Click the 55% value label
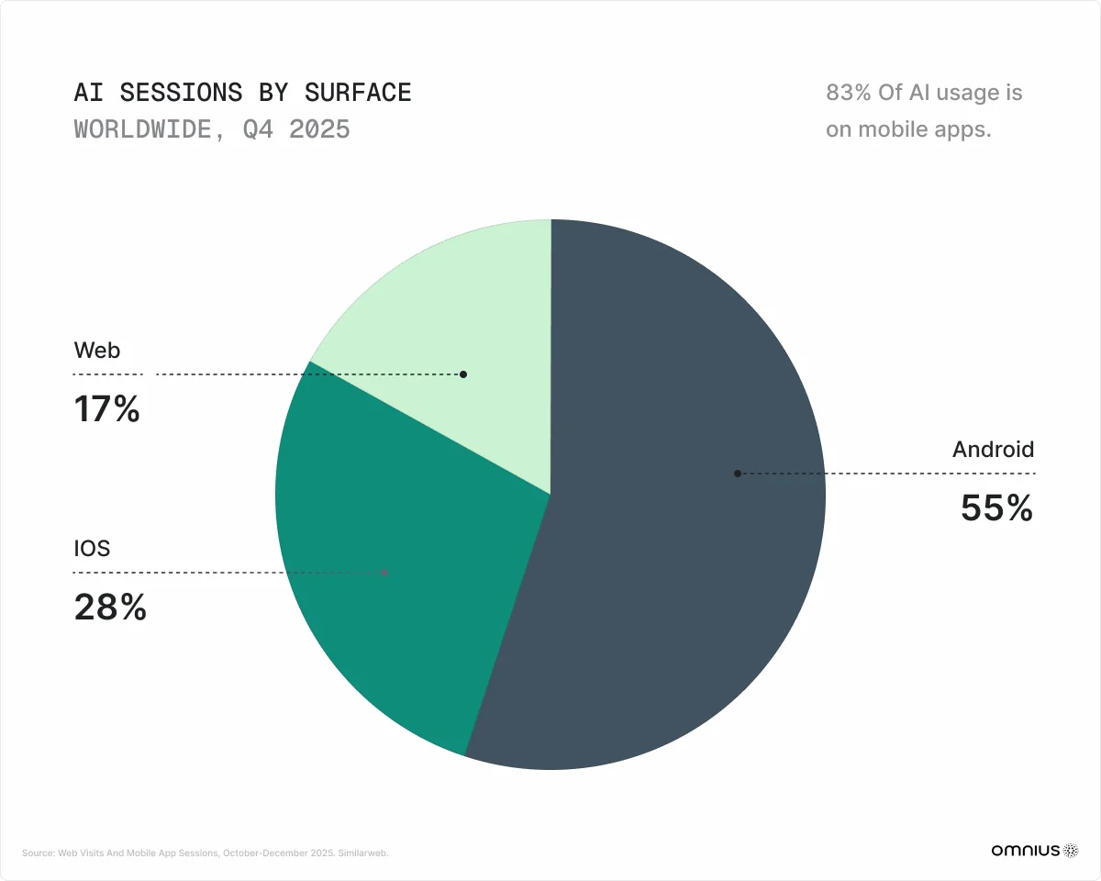click(x=996, y=508)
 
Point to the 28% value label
click(x=110, y=608)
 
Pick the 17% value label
click(x=106, y=409)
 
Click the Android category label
click(x=993, y=450)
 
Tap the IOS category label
click(x=92, y=549)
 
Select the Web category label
click(x=97, y=350)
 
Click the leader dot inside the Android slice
click(x=737, y=474)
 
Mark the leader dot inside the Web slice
click(x=463, y=374)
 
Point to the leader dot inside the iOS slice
click(x=385, y=573)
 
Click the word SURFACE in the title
click(x=358, y=93)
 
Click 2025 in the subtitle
click(x=319, y=129)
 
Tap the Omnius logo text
click(x=1025, y=851)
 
